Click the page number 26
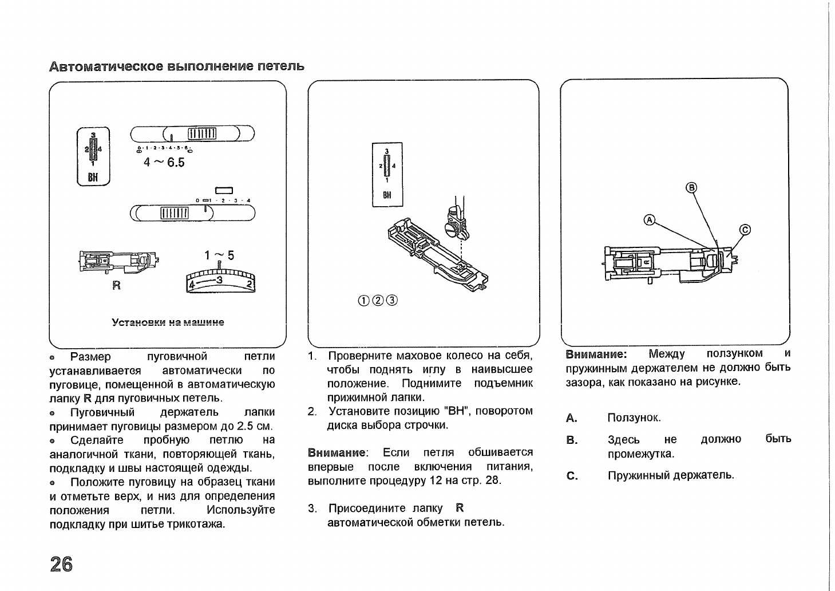pyautogui.click(x=61, y=564)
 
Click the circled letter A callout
pyautogui.click(x=649, y=219)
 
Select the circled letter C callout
pyautogui.click(x=745, y=230)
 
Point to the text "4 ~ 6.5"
pyautogui.click(x=164, y=163)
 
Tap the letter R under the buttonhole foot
pyautogui.click(x=117, y=286)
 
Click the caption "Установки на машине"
pyautogui.click(x=168, y=322)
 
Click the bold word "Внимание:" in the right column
pyautogui.click(x=596, y=354)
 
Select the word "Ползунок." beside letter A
pyautogui.click(x=634, y=417)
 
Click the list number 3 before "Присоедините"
pyautogui.click(x=311, y=509)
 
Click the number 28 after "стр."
pyautogui.click(x=492, y=480)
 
